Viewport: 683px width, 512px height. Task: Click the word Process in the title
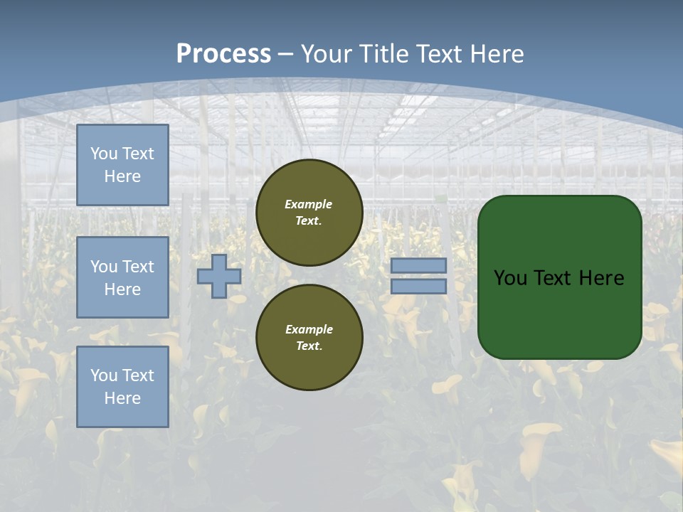coord(223,54)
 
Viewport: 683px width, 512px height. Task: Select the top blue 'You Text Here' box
coord(122,165)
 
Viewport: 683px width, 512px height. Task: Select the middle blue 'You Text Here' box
coord(122,277)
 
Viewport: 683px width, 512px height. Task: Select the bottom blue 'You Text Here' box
coord(122,386)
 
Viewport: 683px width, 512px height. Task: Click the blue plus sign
coord(219,276)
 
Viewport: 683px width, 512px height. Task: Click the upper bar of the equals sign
coord(418,266)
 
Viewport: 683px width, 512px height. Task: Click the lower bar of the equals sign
coord(418,286)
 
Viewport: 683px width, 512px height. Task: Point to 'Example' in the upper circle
coord(309,204)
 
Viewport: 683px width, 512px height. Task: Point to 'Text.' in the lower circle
coord(309,346)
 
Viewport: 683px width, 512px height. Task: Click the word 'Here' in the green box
coord(602,278)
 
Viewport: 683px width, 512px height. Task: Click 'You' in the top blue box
coord(102,154)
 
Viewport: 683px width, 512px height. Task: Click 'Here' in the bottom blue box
coord(122,398)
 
